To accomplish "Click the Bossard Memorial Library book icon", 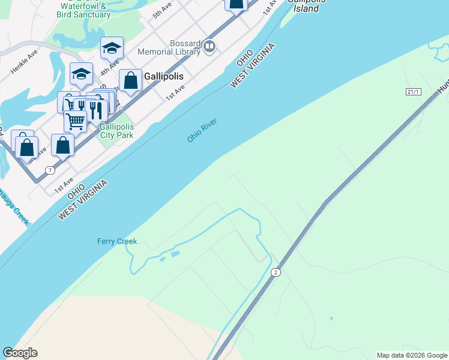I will [209, 46].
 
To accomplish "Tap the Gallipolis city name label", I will [163, 77].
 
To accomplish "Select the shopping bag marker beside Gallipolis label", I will [130, 81].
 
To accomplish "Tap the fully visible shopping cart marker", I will [76, 121].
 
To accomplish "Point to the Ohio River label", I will [201, 131].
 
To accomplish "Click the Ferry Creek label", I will [117, 242].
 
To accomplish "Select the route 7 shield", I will [50, 170].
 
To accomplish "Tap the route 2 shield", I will [276, 272].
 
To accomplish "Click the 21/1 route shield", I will [414, 91].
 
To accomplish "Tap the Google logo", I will [20, 353].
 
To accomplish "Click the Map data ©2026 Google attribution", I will [412, 355].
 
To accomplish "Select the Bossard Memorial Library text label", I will [169, 48].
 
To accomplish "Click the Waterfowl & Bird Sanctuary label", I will [83, 11].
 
